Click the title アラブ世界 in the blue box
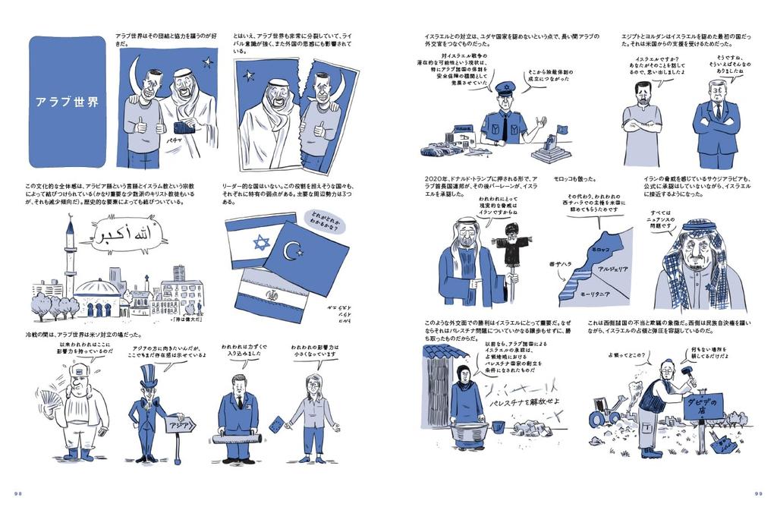coord(67,101)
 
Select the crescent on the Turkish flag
coord(293,251)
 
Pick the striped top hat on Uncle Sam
coord(147,377)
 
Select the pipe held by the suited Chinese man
coord(236,439)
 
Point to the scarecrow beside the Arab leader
coord(513,258)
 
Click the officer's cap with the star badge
coord(505,88)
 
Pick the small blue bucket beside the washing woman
coord(498,427)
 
